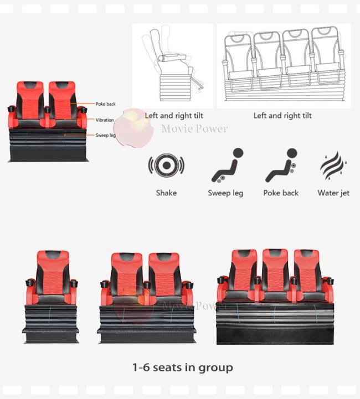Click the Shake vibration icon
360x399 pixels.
pos(166,165)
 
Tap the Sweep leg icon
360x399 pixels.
pos(228,165)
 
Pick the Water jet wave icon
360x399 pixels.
pos(333,166)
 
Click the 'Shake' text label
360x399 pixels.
pos(166,193)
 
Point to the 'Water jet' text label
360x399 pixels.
pos(333,193)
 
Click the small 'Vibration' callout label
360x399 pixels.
pos(105,120)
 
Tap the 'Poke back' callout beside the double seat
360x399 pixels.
pos(105,104)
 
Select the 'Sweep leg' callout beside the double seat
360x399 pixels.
pos(105,135)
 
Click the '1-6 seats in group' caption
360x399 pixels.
pos(183,367)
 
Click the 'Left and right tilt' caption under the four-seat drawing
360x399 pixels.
pos(282,116)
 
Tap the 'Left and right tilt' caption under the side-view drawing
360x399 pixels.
pos(174,116)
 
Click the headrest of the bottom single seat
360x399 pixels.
pos(53,258)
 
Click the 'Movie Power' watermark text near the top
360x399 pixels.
pos(194,129)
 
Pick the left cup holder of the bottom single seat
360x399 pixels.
pos(29,282)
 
